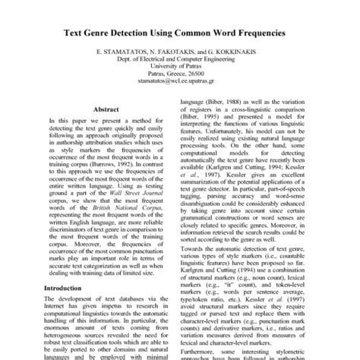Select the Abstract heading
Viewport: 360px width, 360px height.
pyautogui.click(x=106, y=109)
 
